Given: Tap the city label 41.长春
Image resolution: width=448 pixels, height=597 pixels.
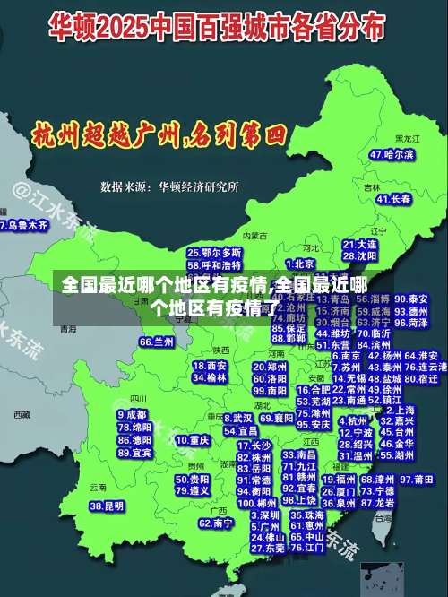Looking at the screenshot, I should point(393,199).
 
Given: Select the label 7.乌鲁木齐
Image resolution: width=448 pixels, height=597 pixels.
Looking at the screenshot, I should point(24,225).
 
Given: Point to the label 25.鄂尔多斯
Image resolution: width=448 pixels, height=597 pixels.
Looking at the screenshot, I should point(214,253).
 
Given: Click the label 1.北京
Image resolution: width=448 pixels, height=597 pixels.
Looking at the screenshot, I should point(302,264).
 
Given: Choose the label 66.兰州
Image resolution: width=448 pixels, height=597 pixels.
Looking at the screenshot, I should point(157,342).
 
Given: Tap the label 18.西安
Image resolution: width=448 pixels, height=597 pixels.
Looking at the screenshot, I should point(210,366).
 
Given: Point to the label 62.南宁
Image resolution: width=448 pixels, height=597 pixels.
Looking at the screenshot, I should point(216,523).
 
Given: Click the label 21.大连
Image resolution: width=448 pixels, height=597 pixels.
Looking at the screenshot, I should point(359,244).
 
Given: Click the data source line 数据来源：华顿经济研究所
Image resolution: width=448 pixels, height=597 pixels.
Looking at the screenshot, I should point(169,187).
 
